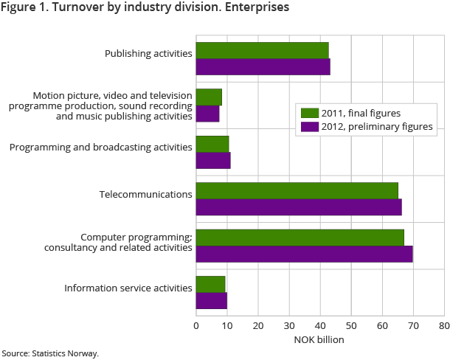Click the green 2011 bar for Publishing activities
[x=262, y=50]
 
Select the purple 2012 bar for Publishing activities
[x=263, y=66]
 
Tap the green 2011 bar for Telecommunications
[x=297, y=190]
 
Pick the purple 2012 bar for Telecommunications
[x=299, y=207]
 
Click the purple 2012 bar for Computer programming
[x=304, y=254]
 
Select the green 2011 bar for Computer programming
[x=300, y=238]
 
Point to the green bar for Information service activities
[x=210, y=284]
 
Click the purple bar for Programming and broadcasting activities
[x=212, y=161]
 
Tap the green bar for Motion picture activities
[x=209, y=97]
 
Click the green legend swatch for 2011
[x=308, y=114]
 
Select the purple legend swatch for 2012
[x=308, y=126]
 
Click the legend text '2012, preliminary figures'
[x=377, y=126]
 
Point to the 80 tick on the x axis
[x=443, y=324]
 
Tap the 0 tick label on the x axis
[x=196, y=324]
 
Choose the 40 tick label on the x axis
[x=319, y=324]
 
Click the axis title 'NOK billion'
[x=319, y=339]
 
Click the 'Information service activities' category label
[x=128, y=288]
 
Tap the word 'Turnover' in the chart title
[x=83, y=8]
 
